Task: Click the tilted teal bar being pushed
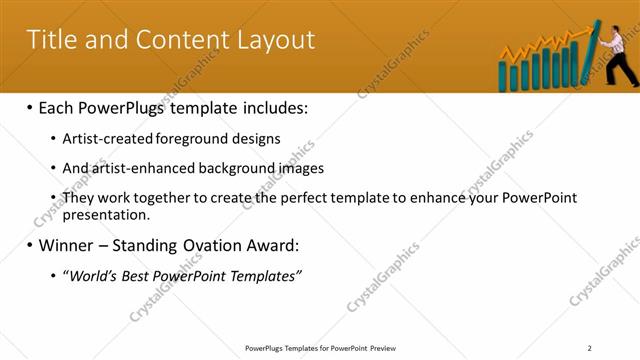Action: coord(593,54)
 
